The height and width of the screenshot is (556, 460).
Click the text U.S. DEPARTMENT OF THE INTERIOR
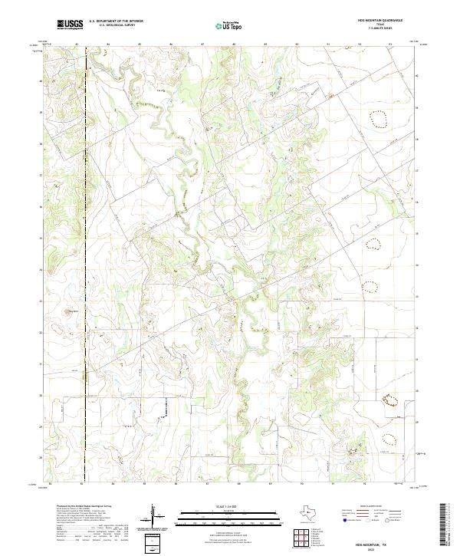116,21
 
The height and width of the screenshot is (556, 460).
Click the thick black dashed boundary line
84,230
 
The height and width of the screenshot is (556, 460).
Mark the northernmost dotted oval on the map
378,118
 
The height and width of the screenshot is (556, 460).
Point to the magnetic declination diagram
153,515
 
